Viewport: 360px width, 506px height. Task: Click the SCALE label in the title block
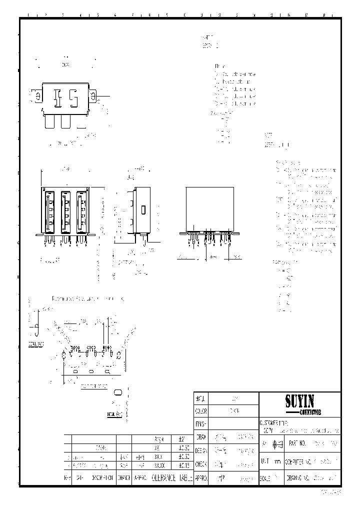coord(266,478)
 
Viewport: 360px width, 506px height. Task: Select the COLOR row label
coord(200,411)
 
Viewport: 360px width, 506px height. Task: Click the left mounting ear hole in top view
coord(36,95)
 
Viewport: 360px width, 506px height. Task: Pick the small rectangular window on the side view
coord(143,209)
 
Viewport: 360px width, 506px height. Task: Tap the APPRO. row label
coord(200,478)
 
